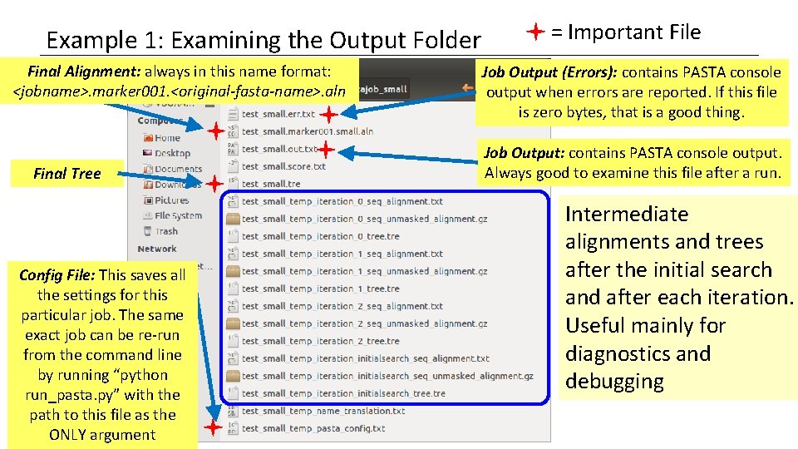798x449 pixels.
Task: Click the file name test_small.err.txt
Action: tap(278, 114)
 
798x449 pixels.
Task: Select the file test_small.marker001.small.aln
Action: tap(307, 131)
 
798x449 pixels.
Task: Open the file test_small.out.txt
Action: tap(278, 149)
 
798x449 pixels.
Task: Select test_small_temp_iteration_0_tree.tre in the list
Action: tap(320, 236)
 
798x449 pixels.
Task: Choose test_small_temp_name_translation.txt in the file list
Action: tap(323, 411)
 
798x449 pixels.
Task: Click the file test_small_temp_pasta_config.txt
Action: tap(313, 428)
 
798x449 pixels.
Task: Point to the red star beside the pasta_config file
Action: tap(213, 427)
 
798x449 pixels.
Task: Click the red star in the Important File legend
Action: tap(535, 32)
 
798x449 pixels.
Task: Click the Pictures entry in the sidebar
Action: tap(171, 200)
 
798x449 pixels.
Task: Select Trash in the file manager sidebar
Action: tap(166, 231)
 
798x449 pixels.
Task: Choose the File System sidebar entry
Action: tap(178, 216)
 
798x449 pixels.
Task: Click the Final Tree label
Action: tap(66, 174)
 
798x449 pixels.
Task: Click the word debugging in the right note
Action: tap(614, 382)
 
